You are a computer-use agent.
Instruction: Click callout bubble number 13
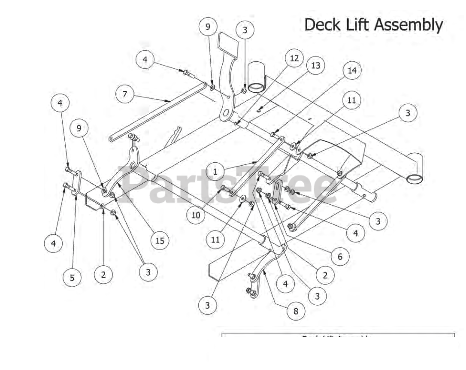[315, 66]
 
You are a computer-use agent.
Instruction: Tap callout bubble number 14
[352, 71]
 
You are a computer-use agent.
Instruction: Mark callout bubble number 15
[160, 241]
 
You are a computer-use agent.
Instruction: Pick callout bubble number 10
[196, 215]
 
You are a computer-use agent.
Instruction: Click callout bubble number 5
[72, 278]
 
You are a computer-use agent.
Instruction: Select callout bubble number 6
[340, 257]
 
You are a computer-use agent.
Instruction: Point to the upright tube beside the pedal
[257, 76]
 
